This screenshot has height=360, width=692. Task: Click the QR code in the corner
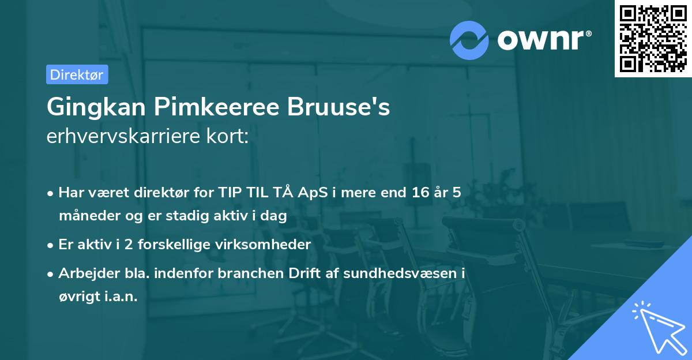[653, 38]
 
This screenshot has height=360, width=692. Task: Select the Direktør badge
[77, 74]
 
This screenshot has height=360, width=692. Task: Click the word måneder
[84, 216]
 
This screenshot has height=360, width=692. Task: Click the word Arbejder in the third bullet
[84, 273]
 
